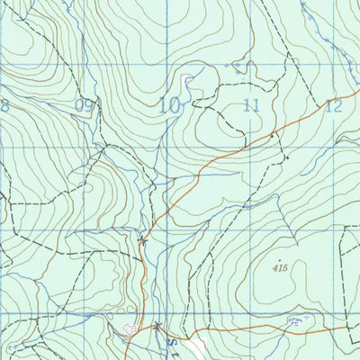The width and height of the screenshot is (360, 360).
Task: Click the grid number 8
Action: click(4, 105)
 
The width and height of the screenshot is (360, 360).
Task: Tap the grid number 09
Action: click(85, 106)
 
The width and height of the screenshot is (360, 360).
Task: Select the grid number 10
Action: click(168, 105)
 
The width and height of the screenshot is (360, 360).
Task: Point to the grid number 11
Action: click(251, 106)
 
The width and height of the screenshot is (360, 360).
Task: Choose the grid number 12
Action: click(334, 105)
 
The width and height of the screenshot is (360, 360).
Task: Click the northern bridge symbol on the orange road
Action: click(144, 239)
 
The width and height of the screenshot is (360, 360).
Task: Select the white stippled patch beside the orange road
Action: click(131, 330)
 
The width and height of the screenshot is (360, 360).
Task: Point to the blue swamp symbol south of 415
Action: click(292, 319)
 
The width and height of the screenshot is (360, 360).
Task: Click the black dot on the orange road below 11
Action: click(274, 135)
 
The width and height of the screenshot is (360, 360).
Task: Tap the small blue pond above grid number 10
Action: click(188, 81)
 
